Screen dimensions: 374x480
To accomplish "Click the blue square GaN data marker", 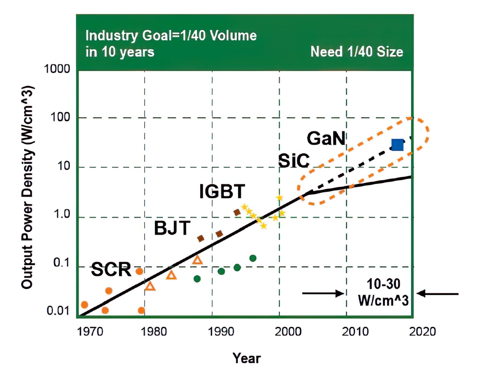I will (x=397, y=145).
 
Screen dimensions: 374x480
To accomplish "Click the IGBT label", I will (x=222, y=191).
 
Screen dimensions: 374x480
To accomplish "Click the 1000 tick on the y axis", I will (x=57, y=69).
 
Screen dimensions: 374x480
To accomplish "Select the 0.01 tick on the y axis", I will (x=58, y=311).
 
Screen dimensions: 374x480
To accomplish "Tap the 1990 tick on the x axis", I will (x=221, y=332).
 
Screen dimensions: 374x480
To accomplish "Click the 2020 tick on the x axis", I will (x=422, y=332).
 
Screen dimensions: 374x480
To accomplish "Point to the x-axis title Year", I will (x=246, y=358).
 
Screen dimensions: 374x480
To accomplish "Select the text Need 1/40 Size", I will (x=356, y=52).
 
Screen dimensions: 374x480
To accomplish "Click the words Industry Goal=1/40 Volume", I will (x=171, y=35).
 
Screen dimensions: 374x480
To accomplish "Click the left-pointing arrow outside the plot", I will (x=437, y=294).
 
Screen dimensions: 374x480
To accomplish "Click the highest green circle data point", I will (x=253, y=258).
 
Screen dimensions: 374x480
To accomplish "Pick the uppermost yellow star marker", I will (x=279, y=198).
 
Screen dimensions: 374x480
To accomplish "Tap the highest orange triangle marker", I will (x=197, y=260).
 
